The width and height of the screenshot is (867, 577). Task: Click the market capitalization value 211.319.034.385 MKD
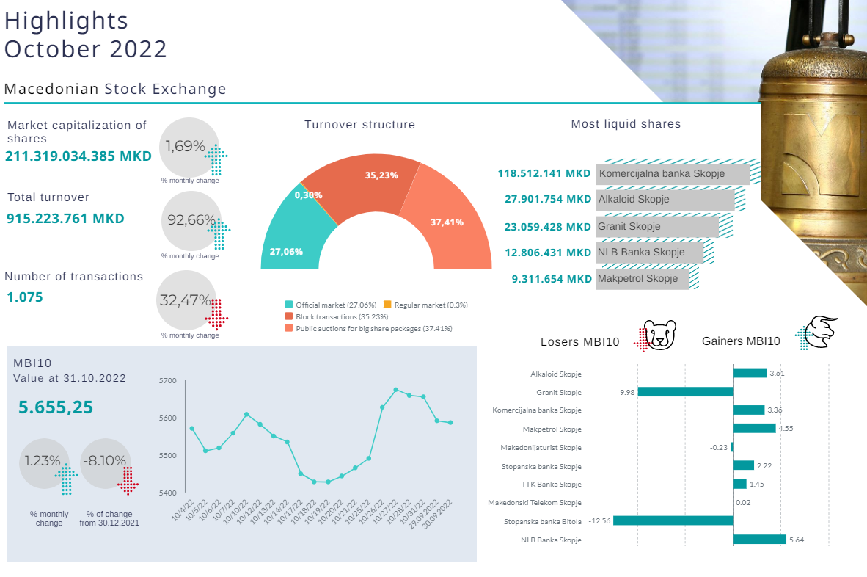pos(78,156)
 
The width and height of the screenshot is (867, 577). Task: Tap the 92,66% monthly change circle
pos(190,219)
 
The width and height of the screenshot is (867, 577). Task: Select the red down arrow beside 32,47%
pos(216,312)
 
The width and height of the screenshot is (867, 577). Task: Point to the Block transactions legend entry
pos(326,316)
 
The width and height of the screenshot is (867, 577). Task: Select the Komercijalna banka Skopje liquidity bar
pos(673,174)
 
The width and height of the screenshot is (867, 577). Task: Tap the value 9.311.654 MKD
pos(552,279)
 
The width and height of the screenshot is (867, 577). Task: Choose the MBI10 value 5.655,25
pos(56,407)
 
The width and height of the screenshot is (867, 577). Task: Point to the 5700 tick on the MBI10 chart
pos(168,381)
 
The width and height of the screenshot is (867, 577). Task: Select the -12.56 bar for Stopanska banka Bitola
pos(673,521)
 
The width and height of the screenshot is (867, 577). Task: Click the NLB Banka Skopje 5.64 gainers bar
pos(759,540)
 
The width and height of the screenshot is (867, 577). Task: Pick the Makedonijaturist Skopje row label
pos(541,447)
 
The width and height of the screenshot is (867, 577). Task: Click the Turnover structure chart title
pos(359,125)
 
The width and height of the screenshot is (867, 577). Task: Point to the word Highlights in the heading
pos(66,21)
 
